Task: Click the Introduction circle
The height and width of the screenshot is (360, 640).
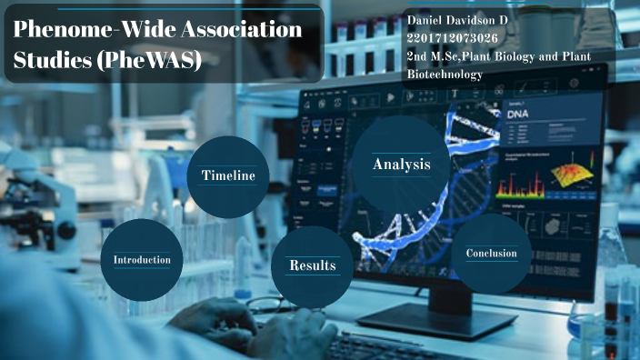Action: pos(142,260)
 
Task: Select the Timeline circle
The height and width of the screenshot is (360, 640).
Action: pos(227,175)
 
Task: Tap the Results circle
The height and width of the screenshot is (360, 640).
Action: pos(312,265)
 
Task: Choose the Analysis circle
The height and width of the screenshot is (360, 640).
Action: pos(401,165)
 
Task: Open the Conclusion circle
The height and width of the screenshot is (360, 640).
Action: pos(491,254)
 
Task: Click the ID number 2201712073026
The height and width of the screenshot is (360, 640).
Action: pos(453,38)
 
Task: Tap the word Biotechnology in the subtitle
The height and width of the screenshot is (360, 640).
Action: pos(445,75)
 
